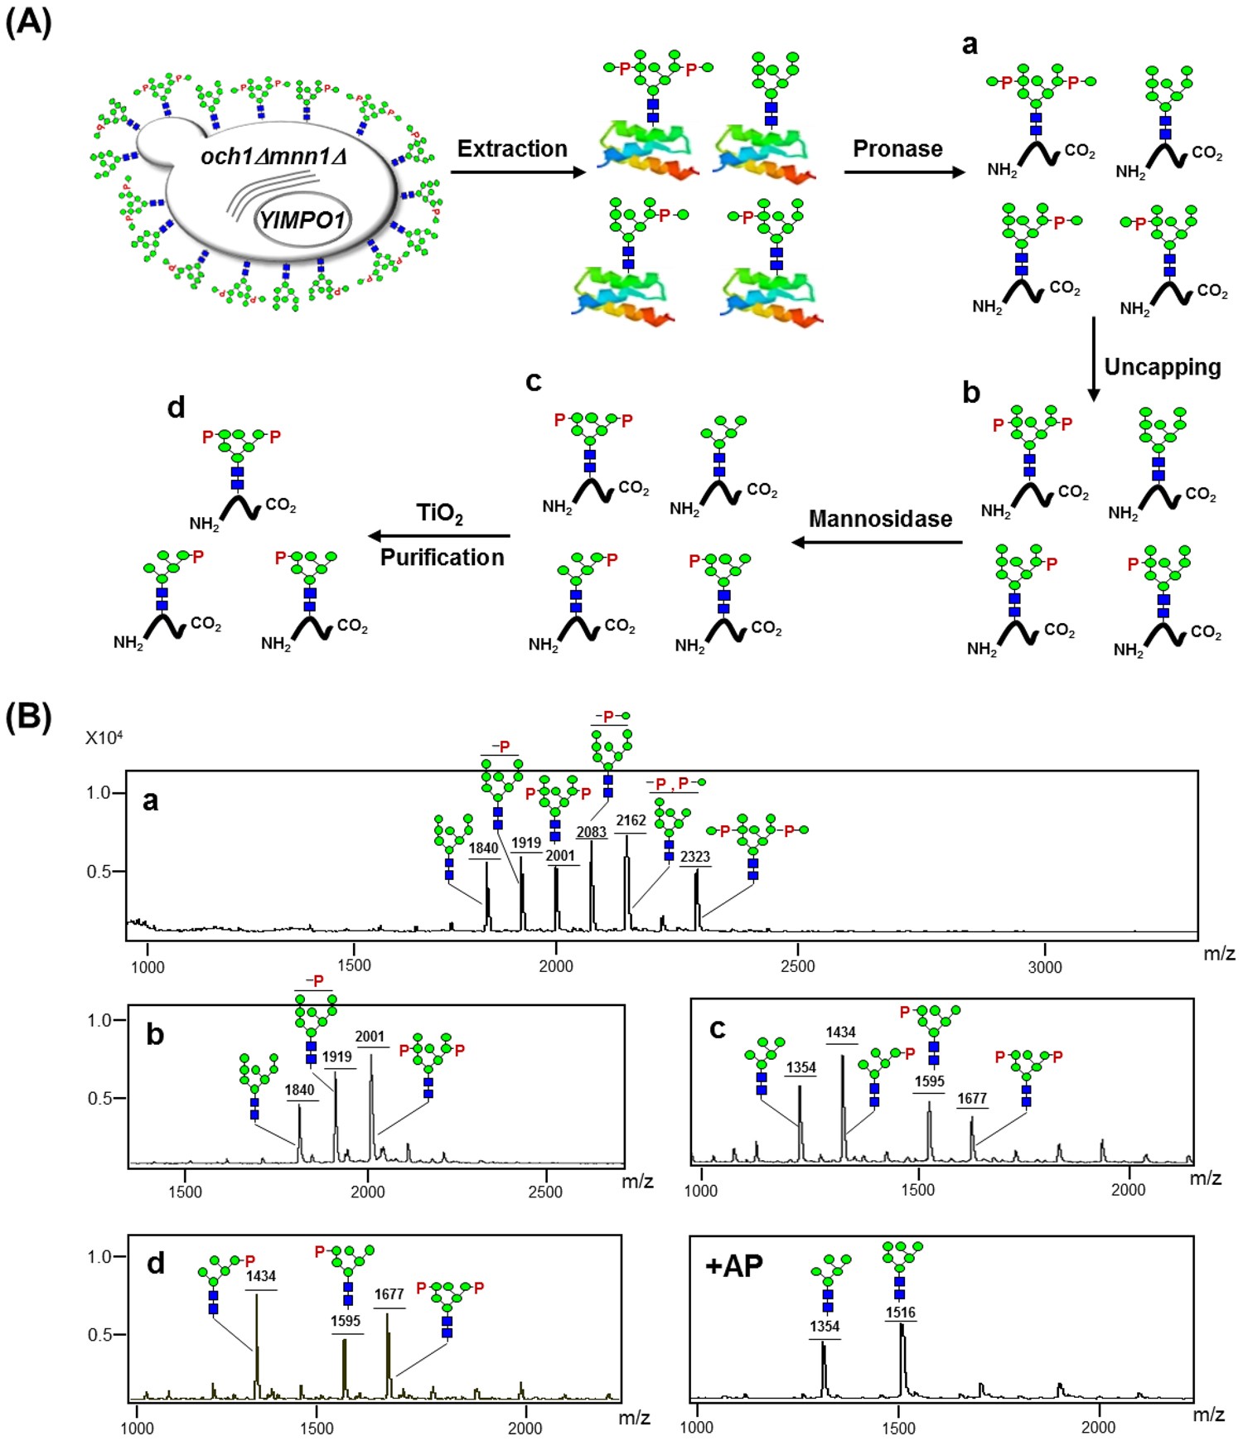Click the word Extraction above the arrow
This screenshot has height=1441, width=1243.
(512, 149)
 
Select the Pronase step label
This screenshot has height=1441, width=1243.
(897, 149)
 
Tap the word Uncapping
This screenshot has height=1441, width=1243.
(1162, 367)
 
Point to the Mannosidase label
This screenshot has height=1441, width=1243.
(880, 520)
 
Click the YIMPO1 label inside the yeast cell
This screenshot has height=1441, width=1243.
(302, 220)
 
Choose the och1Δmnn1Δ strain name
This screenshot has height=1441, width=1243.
(273, 156)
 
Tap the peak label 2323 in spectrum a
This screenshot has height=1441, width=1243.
(694, 857)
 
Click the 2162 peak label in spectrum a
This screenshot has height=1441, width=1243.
(631, 820)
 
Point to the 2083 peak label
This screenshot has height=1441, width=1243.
(592, 832)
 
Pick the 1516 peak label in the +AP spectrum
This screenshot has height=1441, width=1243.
(900, 1313)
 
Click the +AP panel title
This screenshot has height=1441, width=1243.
(733, 1266)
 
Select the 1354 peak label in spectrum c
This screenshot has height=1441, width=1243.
(800, 1067)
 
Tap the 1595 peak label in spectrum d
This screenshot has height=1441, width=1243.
(346, 1321)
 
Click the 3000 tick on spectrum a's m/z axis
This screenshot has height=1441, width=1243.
(1044, 967)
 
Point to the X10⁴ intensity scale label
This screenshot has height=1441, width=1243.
(104, 737)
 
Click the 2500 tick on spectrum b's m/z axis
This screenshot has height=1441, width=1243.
(545, 1192)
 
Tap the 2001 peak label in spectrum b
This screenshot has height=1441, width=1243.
(370, 1037)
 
